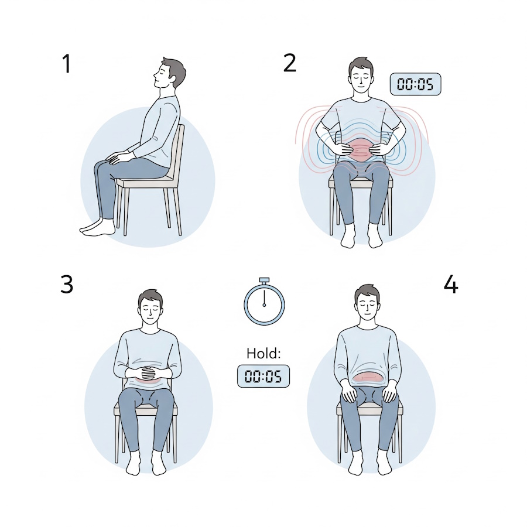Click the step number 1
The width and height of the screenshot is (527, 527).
[67, 63]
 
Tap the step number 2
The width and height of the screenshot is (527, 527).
[290, 63]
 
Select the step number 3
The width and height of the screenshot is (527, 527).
[67, 285]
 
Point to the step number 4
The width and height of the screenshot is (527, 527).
[451, 285]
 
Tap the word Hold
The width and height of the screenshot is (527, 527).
[263, 353]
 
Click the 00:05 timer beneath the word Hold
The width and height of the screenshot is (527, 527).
[263, 376]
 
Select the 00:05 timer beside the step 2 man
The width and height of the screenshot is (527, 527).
[415, 84]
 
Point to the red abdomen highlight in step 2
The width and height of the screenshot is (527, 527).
[361, 150]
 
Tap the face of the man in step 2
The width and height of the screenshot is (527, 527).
[361, 79]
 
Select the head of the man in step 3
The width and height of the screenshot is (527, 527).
[150, 306]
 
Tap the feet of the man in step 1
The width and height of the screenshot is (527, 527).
[97, 227]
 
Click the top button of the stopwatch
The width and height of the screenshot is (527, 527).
[264, 280]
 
